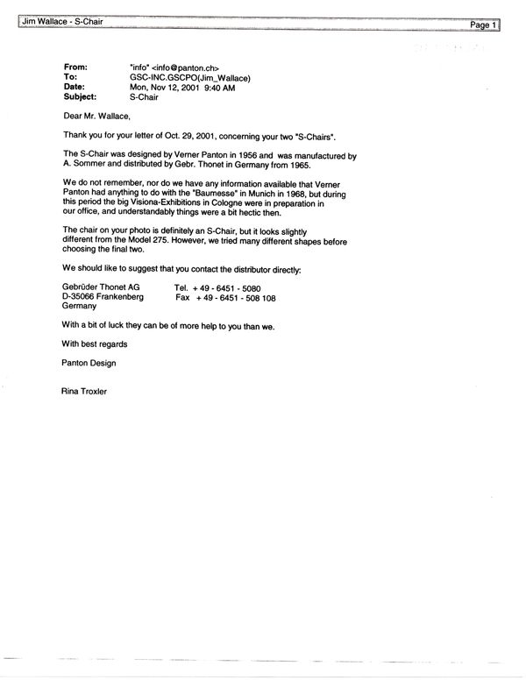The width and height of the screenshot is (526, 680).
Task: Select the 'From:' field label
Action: [76, 67]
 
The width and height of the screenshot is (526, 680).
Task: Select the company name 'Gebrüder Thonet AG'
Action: [102, 287]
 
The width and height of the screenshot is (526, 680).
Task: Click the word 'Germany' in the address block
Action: [80, 308]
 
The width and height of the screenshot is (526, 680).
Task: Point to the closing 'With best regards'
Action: [95, 344]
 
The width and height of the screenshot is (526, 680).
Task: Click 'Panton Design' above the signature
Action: [89, 363]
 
